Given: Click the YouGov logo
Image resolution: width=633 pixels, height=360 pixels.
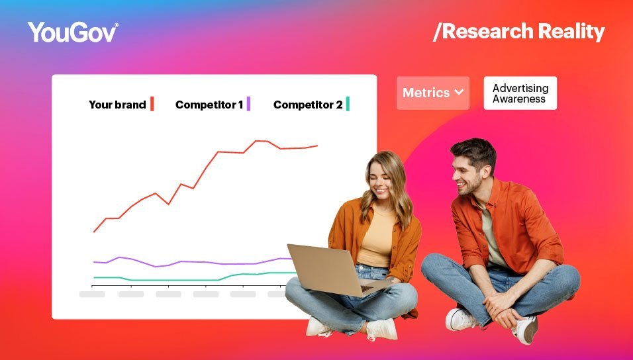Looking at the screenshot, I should [x=72, y=32].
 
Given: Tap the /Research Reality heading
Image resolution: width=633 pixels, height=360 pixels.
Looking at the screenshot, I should [x=518, y=32].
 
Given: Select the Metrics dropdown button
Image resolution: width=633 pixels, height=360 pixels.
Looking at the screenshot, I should [x=432, y=93].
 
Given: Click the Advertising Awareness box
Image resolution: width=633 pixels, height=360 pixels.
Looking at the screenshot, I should [x=520, y=93].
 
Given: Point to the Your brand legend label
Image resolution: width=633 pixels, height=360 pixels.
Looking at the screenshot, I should [x=117, y=105].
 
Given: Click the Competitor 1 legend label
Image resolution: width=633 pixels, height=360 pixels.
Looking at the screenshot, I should [x=209, y=105].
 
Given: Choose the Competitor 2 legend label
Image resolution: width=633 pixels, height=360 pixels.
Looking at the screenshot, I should [x=308, y=105].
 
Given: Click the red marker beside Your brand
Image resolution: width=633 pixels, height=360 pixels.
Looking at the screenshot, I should [x=152, y=104].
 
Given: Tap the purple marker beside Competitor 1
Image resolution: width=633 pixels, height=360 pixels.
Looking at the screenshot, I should [x=248, y=104].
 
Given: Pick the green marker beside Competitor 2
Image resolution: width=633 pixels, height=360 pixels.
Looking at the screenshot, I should [x=348, y=104].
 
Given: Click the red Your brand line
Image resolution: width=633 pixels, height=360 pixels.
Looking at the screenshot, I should [x=205, y=168].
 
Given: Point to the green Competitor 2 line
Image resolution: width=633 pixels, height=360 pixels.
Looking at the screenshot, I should [x=172, y=280].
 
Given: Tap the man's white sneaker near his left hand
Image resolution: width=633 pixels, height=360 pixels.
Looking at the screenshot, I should [x=461, y=319].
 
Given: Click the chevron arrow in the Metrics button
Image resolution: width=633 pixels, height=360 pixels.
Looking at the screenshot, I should [x=458, y=93].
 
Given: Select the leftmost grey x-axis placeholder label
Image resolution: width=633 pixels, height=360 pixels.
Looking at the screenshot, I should [x=92, y=294].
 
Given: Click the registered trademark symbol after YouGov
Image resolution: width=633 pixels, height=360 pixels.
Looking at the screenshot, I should [x=117, y=25].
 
